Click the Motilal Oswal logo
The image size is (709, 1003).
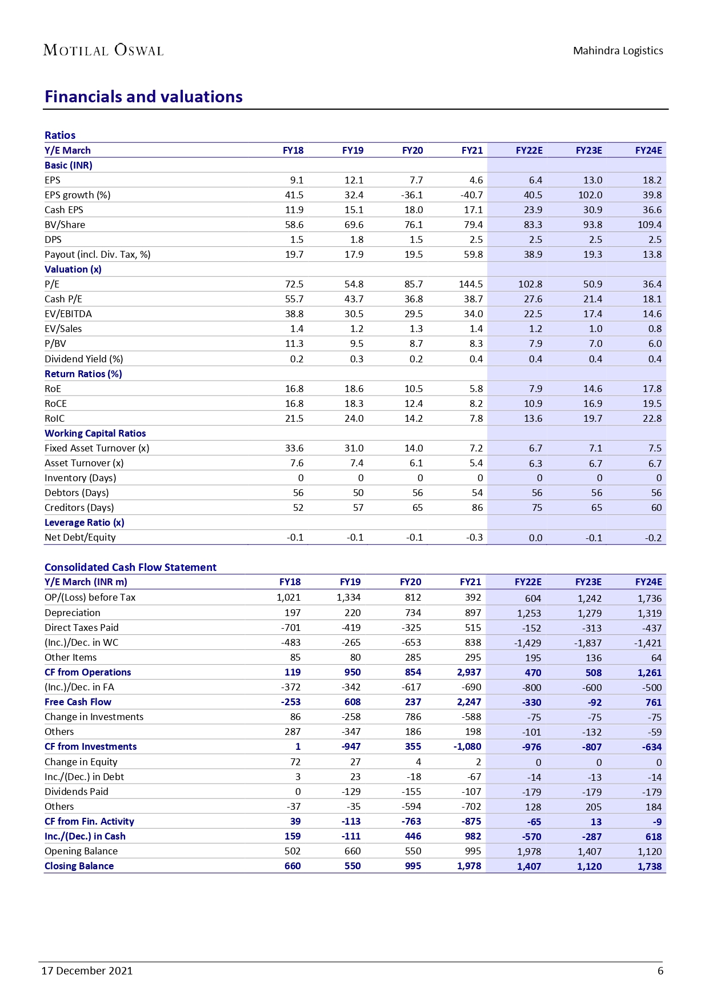click(x=103, y=50)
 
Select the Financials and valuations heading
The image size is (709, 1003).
click(x=143, y=97)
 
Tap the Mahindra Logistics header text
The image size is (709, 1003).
click(x=618, y=51)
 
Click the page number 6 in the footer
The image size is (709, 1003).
click(x=660, y=970)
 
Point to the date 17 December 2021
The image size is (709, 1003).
click(x=87, y=970)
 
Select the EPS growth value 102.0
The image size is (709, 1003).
click(x=590, y=195)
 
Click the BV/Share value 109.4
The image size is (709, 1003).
click(x=650, y=225)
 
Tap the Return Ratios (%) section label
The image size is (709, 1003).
click(x=83, y=374)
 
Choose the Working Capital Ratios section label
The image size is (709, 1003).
click(x=95, y=433)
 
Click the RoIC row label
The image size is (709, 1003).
click(x=55, y=418)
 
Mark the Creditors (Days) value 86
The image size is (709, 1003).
click(x=477, y=508)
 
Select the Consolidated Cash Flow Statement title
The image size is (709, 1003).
click(x=130, y=567)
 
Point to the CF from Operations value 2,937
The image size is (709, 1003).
click(x=469, y=672)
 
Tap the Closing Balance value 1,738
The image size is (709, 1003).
click(x=650, y=866)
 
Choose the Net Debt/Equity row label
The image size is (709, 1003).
click(x=80, y=537)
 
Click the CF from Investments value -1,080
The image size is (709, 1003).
click(x=467, y=746)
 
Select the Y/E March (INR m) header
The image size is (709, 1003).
click(x=86, y=582)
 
